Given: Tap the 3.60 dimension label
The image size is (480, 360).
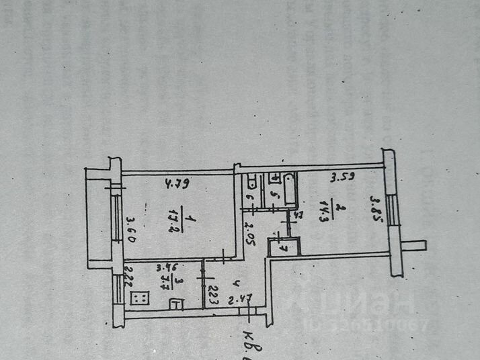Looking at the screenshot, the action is tap(132, 228).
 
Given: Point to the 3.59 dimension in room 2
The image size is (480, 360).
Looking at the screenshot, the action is tap(342, 179).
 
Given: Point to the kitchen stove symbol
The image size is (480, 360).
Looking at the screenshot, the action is tap(141, 298).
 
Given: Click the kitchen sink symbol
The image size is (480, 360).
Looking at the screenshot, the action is tap(175, 304).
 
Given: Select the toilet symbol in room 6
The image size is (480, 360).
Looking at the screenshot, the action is tap(249, 183).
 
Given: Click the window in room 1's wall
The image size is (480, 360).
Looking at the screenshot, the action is tap(118, 219).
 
